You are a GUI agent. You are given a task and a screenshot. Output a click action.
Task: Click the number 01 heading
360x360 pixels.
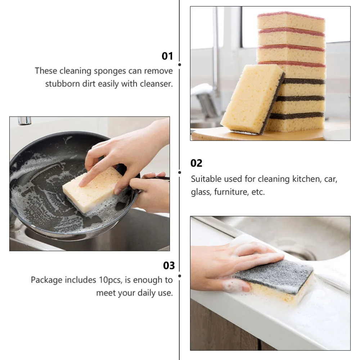coord(167,56)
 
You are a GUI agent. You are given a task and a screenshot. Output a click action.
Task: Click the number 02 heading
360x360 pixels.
coord(197,163)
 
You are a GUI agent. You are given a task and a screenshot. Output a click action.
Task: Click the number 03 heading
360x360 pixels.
coord(169,266)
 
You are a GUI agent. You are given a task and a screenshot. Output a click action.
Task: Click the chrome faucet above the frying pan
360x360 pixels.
coord(24,121)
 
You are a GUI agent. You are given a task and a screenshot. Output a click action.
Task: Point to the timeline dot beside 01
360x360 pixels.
coord(180,65)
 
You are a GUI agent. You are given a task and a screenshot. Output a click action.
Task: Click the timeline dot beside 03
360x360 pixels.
coord(180,276)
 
